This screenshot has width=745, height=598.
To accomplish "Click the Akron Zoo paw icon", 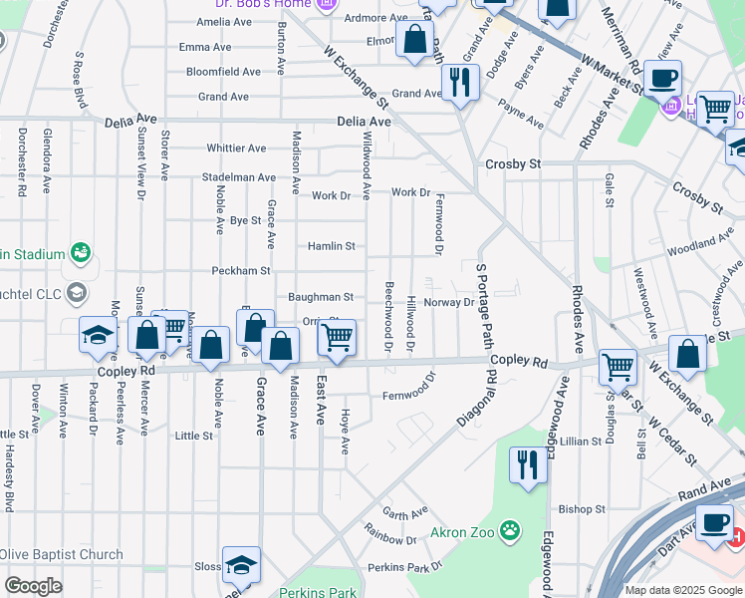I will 510,529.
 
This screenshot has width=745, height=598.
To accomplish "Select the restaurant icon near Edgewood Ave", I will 527,464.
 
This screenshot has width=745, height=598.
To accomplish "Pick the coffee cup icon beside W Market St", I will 661,78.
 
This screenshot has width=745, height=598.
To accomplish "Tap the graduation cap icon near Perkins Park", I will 240,565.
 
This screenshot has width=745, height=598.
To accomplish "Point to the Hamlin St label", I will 331,246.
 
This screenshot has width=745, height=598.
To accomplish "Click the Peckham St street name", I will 240,271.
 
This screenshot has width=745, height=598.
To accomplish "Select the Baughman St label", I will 321,297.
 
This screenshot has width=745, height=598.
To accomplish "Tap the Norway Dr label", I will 450,302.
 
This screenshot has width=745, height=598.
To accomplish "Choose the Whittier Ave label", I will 236,149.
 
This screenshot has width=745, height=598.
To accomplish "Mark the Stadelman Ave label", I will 238,177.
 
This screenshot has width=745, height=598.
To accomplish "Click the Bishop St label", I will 575,508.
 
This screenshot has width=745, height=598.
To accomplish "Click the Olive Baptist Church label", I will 62,555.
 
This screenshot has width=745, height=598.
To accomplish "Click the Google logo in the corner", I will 34,586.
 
